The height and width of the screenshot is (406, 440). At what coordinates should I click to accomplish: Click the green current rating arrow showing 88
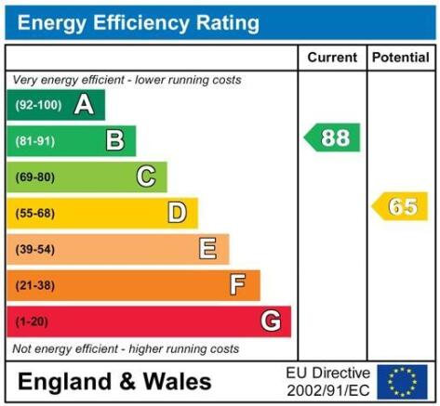(332, 138)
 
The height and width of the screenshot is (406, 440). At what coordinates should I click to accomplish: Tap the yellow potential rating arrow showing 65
(400, 206)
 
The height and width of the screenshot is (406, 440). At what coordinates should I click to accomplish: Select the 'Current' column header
(332, 58)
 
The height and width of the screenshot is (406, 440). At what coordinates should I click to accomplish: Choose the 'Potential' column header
(401, 58)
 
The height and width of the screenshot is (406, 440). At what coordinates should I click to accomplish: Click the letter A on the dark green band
(84, 105)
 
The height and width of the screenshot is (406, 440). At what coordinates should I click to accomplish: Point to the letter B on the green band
(115, 140)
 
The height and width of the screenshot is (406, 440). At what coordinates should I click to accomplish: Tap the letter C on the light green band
(146, 177)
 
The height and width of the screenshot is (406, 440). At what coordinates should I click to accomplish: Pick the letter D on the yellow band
(177, 213)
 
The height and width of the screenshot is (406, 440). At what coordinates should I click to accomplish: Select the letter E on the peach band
(207, 248)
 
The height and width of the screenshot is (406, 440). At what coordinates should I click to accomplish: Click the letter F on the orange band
(238, 284)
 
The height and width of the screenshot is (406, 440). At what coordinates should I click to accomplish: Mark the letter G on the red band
(271, 321)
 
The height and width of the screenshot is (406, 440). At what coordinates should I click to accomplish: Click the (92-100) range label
(39, 105)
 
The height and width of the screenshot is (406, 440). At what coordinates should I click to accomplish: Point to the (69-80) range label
(35, 177)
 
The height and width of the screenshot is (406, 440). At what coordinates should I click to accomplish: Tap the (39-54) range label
(35, 249)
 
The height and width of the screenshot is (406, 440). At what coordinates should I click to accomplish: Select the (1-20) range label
(32, 321)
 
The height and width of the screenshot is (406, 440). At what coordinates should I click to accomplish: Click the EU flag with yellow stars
(402, 382)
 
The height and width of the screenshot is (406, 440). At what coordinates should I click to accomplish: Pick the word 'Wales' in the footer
(178, 381)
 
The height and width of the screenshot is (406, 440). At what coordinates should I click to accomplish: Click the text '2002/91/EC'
(328, 390)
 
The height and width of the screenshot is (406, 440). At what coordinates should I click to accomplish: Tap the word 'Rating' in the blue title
(228, 23)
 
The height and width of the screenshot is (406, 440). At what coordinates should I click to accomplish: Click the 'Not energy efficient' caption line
(126, 349)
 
